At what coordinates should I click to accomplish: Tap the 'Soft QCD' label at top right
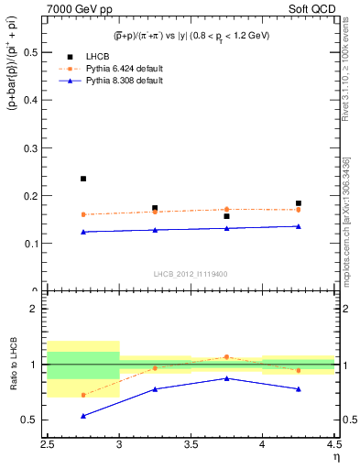pyautogui.click(x=309, y=9)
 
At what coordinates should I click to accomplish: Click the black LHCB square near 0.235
pyautogui.click(x=83, y=179)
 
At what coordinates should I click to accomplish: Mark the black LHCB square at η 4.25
pyautogui.click(x=299, y=203)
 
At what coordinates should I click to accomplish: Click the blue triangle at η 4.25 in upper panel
pyautogui.click(x=299, y=226)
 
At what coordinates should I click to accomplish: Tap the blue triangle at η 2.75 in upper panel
pyautogui.click(x=83, y=232)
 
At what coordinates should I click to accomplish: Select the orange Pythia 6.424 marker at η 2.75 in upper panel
pyautogui.click(x=83, y=214)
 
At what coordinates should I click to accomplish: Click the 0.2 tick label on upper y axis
pyautogui.click(x=32, y=196)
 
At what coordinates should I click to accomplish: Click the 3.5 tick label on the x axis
pyautogui.click(x=191, y=446)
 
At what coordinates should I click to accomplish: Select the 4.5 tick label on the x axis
pyautogui.click(x=333, y=446)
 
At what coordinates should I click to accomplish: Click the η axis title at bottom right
pyautogui.click(x=336, y=459)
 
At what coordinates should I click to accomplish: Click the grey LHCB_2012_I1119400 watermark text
pyautogui.click(x=191, y=273)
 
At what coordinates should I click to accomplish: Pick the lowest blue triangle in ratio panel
pyautogui.click(x=83, y=416)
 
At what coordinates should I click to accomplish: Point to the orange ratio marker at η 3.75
pyautogui.click(x=226, y=357)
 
